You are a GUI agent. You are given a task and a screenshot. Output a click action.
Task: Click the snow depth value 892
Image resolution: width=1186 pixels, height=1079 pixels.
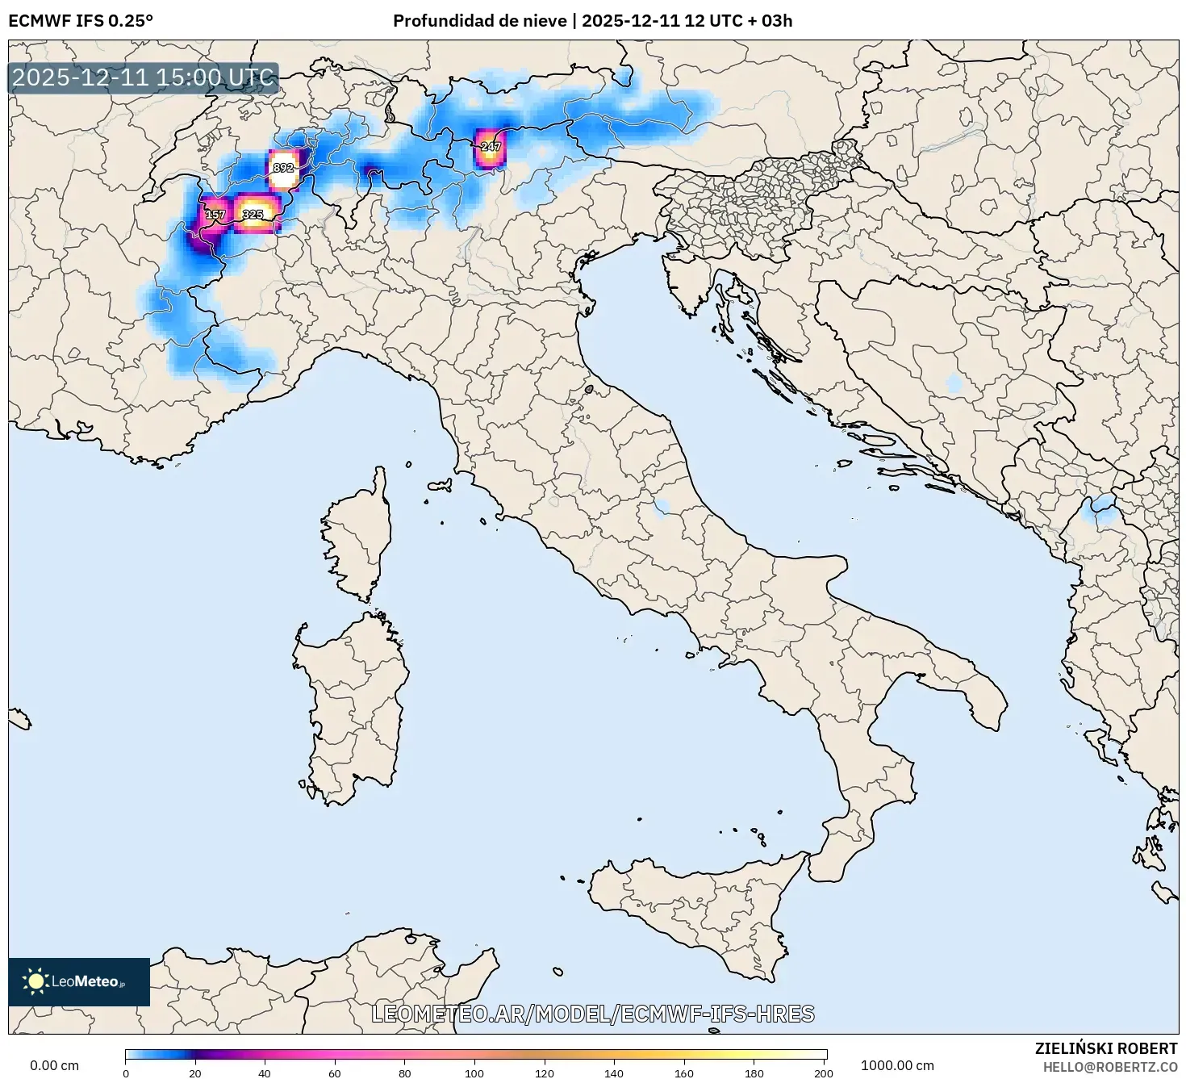click(x=283, y=168)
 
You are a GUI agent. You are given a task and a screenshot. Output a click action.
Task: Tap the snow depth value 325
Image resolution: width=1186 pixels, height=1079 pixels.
click(x=253, y=215)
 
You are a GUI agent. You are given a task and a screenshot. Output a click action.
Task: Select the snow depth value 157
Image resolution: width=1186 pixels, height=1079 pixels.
click(x=215, y=215)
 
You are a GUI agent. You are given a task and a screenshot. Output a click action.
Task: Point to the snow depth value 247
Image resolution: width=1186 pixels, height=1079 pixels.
click(x=491, y=147)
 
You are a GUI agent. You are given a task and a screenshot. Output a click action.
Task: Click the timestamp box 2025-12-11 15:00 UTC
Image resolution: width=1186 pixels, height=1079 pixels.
click(x=144, y=78)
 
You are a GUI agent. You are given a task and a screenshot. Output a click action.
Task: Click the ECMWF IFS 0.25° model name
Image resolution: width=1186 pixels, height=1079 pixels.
click(x=81, y=21)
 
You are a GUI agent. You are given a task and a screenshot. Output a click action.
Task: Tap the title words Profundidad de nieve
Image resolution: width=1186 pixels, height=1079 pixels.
click(x=479, y=21)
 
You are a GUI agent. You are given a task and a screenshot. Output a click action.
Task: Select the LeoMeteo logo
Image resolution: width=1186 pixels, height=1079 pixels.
click(x=79, y=981)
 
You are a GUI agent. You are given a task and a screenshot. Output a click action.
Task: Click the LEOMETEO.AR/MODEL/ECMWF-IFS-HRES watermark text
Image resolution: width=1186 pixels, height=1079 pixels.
click(x=593, y=1014)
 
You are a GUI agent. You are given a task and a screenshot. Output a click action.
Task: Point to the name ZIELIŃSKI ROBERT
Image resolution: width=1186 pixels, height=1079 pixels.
click(x=1105, y=1048)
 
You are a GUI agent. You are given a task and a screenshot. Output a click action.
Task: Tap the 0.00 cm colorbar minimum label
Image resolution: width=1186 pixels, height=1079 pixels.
click(x=55, y=1065)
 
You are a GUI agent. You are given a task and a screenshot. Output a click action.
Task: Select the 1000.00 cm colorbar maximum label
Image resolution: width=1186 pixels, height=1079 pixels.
click(x=897, y=1065)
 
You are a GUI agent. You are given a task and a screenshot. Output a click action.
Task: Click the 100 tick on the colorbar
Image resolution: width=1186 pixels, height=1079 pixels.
click(x=474, y=1073)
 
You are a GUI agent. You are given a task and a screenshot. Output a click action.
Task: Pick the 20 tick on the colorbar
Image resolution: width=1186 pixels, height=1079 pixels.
click(x=195, y=1073)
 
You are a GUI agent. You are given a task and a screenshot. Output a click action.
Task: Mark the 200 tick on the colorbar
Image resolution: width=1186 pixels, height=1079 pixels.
click(x=823, y=1073)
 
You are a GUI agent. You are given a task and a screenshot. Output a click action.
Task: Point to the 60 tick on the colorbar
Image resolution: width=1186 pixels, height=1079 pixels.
click(x=335, y=1073)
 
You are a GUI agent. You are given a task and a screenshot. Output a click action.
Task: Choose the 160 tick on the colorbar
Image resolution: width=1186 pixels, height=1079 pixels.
click(x=684, y=1073)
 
